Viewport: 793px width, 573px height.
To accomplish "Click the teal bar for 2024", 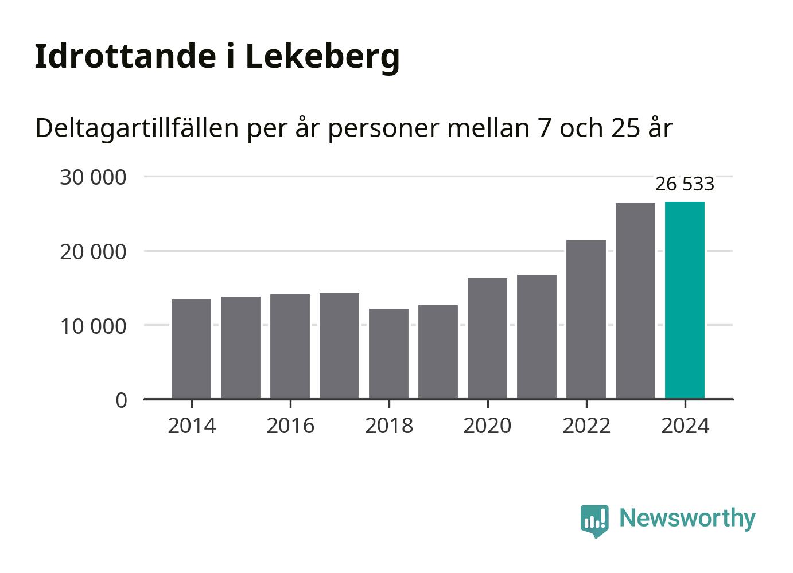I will pyautogui.click(x=685, y=300).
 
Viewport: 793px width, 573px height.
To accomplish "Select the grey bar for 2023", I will pyautogui.click(x=635, y=301).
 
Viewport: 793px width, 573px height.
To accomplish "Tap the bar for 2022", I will pyautogui.click(x=586, y=319).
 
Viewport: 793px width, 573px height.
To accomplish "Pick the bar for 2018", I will pyautogui.click(x=388, y=353).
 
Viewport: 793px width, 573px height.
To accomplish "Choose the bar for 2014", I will pyautogui.click(x=191, y=349).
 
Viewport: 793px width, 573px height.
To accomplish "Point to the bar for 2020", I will pyautogui.click(x=487, y=338).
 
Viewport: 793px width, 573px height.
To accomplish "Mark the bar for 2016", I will pyautogui.click(x=290, y=346).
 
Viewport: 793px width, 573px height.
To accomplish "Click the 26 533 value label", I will pyautogui.click(x=685, y=184).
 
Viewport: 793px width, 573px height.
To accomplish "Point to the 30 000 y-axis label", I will pyautogui.click(x=93, y=177).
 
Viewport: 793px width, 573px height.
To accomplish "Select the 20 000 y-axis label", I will pyautogui.click(x=93, y=251).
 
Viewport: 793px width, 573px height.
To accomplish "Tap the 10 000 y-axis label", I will pyautogui.click(x=93, y=326).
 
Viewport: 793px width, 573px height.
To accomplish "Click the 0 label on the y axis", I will pyautogui.click(x=121, y=400).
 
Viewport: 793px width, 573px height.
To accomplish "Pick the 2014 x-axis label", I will pyautogui.click(x=192, y=426).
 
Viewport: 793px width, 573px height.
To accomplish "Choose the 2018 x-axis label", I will pyautogui.click(x=389, y=426).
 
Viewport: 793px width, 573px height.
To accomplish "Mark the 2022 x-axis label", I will pyautogui.click(x=586, y=426).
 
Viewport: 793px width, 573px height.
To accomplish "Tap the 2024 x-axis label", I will pyautogui.click(x=685, y=426).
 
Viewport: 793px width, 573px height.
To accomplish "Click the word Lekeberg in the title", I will pyautogui.click(x=322, y=57).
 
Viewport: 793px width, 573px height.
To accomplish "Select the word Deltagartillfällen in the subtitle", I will pyautogui.click(x=137, y=128).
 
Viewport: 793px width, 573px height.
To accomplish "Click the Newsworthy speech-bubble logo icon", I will pyautogui.click(x=594, y=520).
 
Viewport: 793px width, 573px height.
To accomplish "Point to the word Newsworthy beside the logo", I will pyautogui.click(x=687, y=518).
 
